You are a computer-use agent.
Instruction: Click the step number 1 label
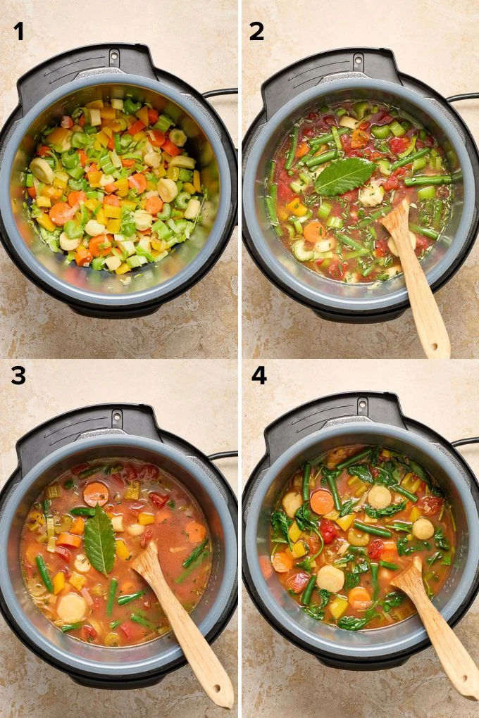tap(18, 31)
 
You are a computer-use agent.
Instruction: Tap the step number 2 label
tap(257, 31)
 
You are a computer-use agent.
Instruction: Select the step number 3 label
tap(18, 375)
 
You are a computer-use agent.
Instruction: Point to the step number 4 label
tap(259, 375)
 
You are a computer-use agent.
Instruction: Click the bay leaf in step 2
tap(344, 176)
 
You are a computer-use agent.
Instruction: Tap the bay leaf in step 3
tap(100, 541)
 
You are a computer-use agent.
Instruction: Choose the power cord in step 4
tap(466, 442)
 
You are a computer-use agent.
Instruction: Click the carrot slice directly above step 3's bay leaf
tap(96, 494)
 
